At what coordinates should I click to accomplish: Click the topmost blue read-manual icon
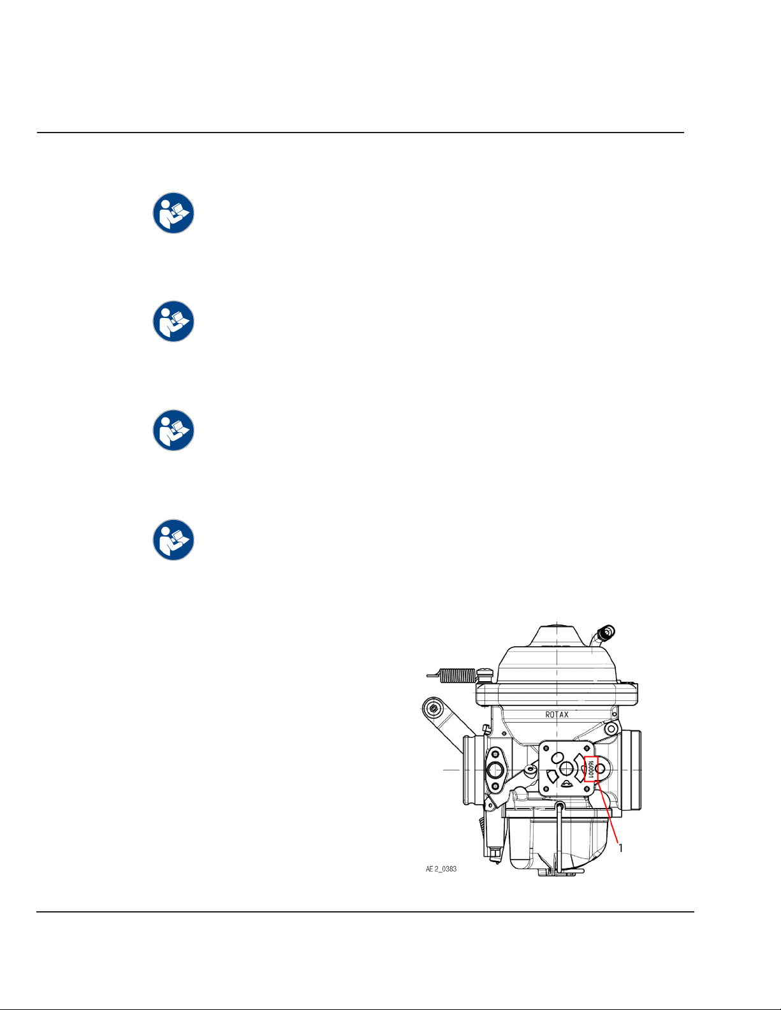coord(173,213)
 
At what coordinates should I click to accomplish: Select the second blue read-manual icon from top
coord(173,321)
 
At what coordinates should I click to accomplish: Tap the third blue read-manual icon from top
coord(173,430)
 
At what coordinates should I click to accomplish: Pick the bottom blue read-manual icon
coord(173,540)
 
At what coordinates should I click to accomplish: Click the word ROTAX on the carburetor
coord(557,714)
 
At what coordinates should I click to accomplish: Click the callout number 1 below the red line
coord(620,848)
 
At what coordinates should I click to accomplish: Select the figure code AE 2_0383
coord(441,869)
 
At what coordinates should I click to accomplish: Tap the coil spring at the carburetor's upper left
coord(458,675)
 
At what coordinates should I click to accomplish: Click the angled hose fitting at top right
coord(604,634)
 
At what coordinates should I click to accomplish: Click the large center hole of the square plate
coord(566,768)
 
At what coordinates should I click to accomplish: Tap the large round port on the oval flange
coord(495,770)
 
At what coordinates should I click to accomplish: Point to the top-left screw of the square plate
coord(546,748)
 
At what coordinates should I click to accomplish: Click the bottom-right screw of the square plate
coord(587,790)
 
